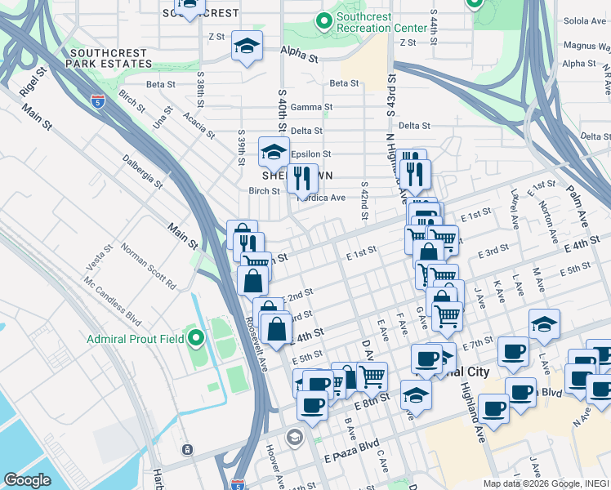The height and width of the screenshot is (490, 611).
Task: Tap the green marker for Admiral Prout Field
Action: (194, 337)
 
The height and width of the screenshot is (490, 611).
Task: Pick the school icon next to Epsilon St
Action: (274, 153)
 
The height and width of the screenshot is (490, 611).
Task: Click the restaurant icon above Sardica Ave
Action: (302, 179)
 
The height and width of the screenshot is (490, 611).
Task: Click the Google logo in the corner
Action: (27, 479)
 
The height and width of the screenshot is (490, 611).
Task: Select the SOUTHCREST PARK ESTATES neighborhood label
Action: (107, 57)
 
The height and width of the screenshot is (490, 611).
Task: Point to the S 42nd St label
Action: (364, 200)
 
